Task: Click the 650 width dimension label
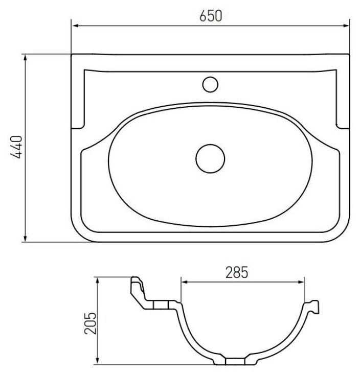pyautogui.click(x=211, y=16)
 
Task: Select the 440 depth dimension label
pyautogui.click(x=16, y=147)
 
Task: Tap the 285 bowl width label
pyautogui.click(x=237, y=273)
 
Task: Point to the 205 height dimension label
pyautogui.click(x=91, y=323)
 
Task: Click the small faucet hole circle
pyautogui.click(x=210, y=84)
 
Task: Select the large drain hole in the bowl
pyautogui.click(x=210, y=158)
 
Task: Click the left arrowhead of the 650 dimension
pyautogui.click(x=76, y=26)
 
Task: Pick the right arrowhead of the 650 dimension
pyautogui.click(x=346, y=26)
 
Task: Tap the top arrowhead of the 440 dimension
pyautogui.click(x=25, y=58)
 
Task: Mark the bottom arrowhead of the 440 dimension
pyautogui.click(x=25, y=238)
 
